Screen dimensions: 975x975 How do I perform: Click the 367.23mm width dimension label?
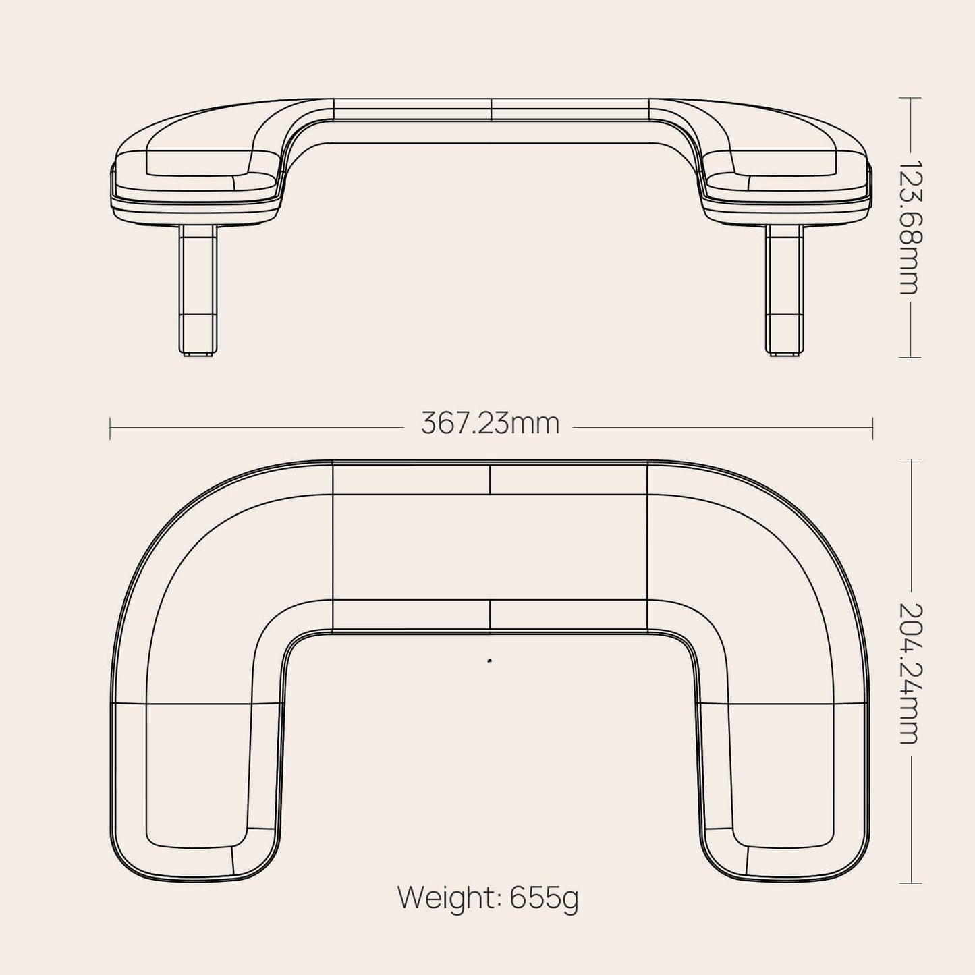point(491,424)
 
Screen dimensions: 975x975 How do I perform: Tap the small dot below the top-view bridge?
point(489,661)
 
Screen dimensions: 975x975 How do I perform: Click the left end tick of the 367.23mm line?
point(110,428)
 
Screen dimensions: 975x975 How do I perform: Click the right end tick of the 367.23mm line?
point(872,428)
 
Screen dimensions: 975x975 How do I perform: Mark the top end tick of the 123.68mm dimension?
point(910,98)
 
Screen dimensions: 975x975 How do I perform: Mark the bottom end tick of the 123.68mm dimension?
point(910,357)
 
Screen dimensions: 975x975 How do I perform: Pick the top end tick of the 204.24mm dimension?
point(910,459)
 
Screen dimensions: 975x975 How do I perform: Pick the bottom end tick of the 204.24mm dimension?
point(910,883)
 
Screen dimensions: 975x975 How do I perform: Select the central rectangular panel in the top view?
point(490,547)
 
